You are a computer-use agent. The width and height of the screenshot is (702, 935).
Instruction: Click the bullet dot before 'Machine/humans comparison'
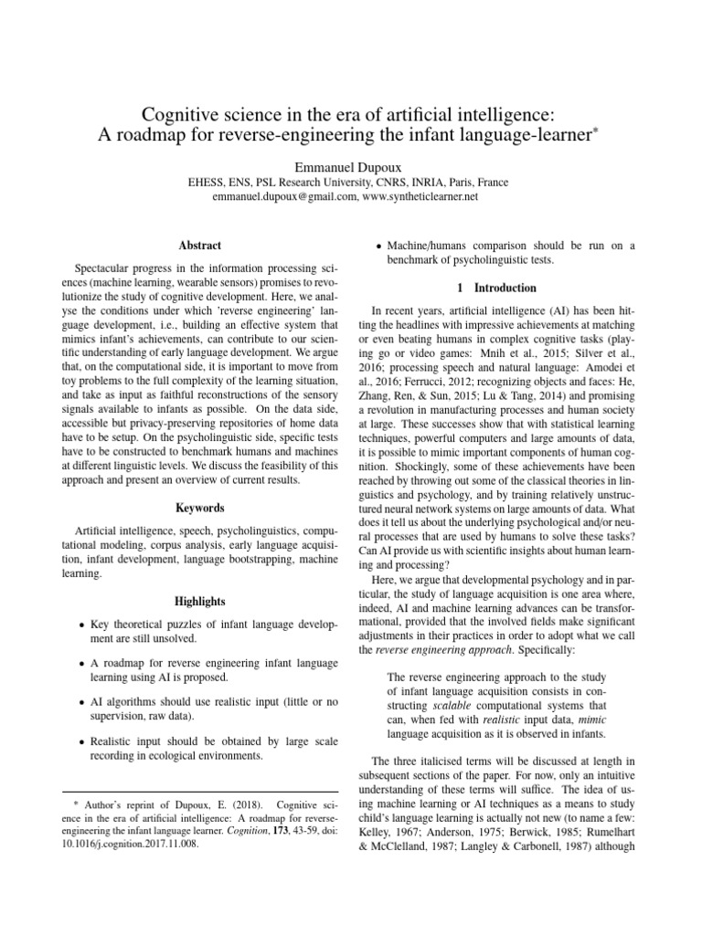[x=379, y=246]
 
